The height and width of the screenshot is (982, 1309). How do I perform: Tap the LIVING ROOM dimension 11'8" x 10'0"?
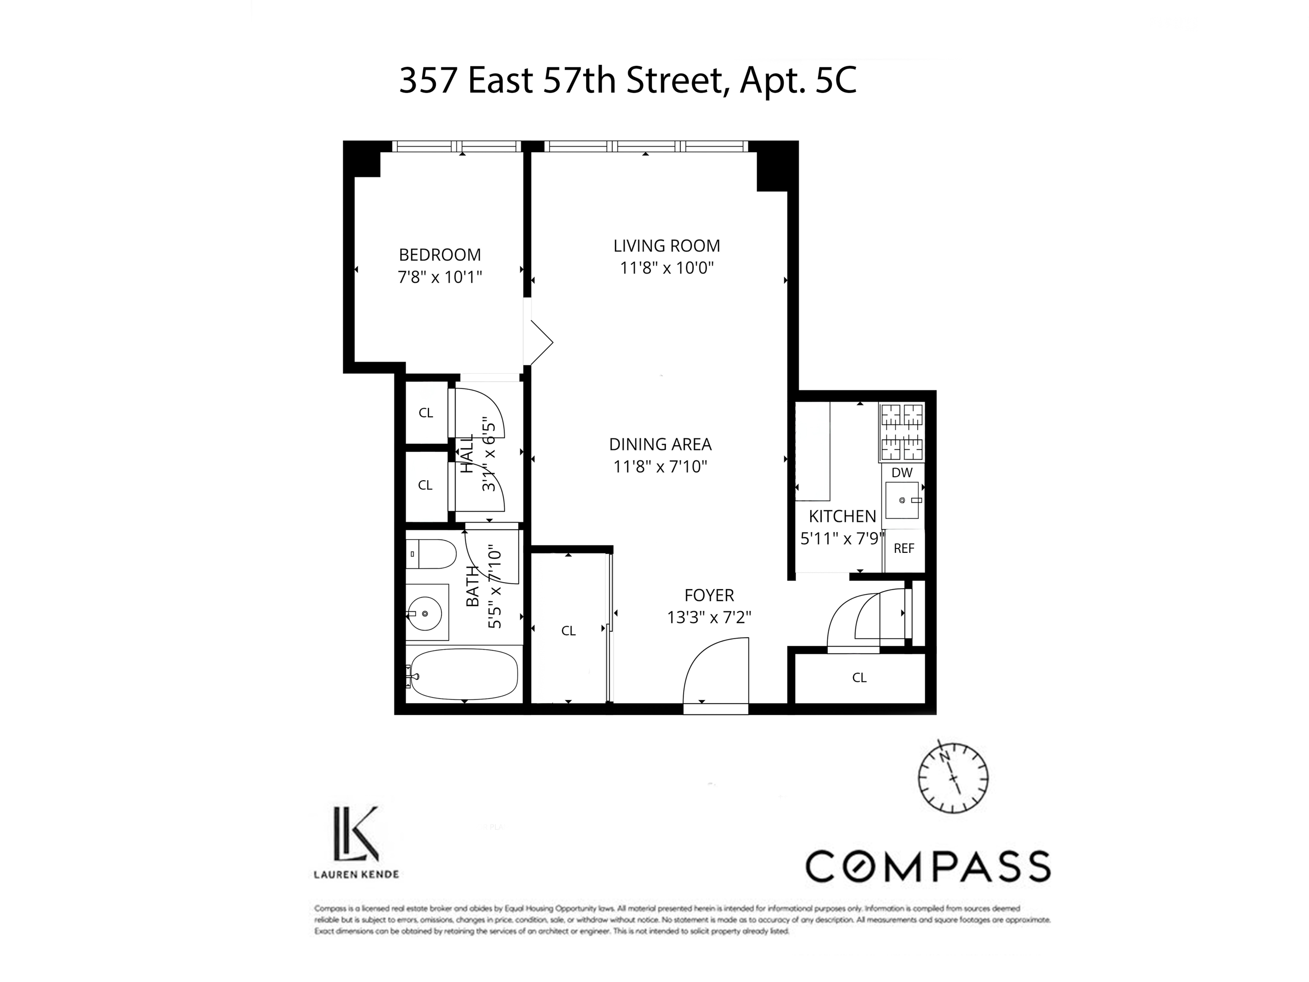point(667,268)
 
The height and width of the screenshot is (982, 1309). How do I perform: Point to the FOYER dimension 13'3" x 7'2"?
point(709,617)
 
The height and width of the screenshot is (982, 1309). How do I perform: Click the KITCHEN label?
point(842,516)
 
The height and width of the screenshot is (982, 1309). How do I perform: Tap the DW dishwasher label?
point(902,472)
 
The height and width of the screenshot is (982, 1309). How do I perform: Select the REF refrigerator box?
point(904,549)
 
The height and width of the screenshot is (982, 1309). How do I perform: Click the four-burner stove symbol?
point(902,432)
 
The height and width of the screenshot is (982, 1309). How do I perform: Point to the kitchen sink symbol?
point(902,501)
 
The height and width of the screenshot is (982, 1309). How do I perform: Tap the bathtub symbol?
point(463,674)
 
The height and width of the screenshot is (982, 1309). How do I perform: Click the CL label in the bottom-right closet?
point(859,678)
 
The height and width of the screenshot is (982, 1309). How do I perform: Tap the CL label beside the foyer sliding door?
point(568,631)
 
